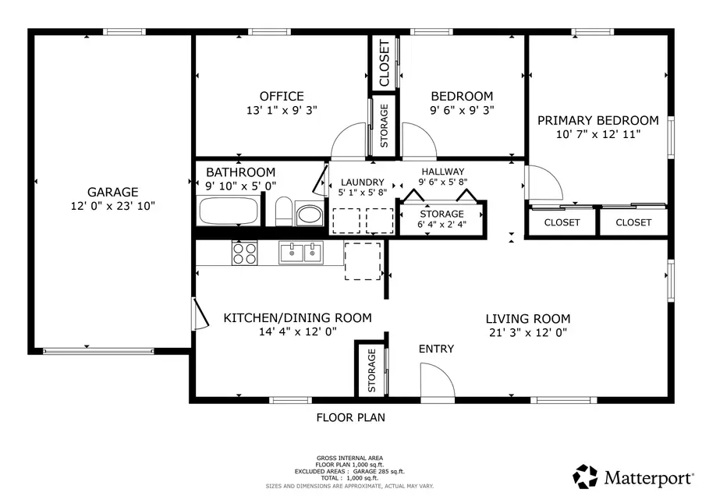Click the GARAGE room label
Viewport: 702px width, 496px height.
(x=112, y=192)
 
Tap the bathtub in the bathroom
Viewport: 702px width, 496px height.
(x=229, y=211)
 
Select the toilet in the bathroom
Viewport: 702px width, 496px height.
(x=284, y=211)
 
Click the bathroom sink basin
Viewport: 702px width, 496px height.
(x=309, y=214)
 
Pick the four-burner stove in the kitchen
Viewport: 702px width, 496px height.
(x=244, y=252)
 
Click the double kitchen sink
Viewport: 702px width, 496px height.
(x=301, y=252)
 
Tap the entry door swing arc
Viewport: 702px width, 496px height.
(x=438, y=381)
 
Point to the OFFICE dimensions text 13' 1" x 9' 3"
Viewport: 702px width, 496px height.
(x=282, y=111)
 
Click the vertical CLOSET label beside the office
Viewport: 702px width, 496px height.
(x=384, y=63)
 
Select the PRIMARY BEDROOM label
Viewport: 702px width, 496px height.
(x=597, y=120)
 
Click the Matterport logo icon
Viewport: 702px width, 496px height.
(x=586, y=475)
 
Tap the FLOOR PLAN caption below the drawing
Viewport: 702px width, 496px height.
(x=350, y=417)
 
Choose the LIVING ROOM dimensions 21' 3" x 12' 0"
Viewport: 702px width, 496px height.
(x=527, y=332)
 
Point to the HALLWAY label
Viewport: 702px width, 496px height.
(x=442, y=172)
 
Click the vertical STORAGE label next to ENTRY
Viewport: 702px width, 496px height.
(x=371, y=370)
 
